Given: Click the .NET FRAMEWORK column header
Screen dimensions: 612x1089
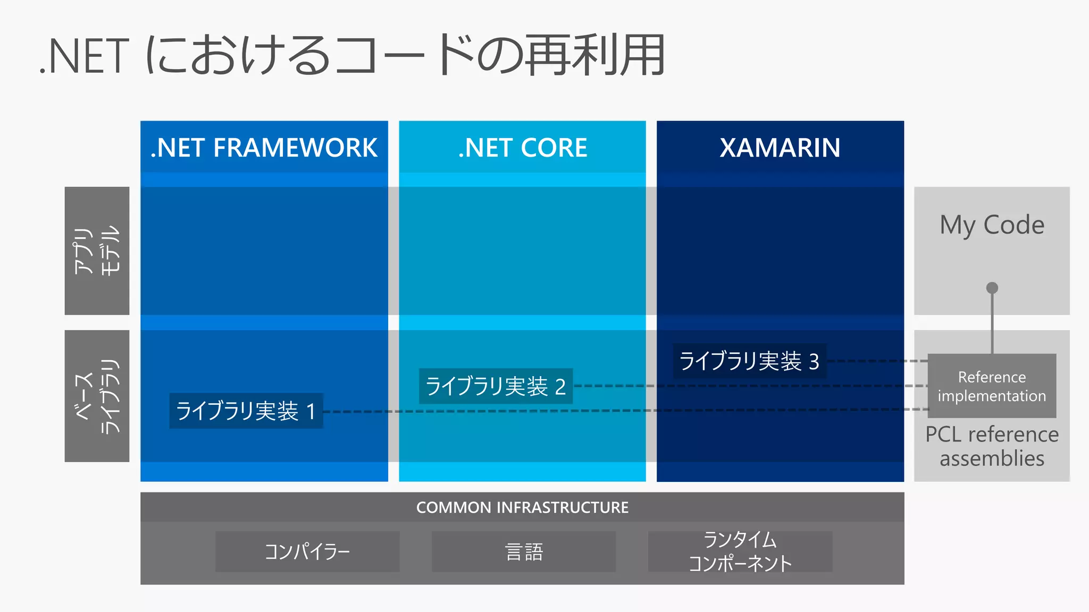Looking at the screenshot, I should pyautogui.click(x=264, y=148).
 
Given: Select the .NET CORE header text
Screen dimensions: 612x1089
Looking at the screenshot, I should pyautogui.click(x=522, y=148).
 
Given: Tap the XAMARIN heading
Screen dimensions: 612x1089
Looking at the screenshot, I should pyautogui.click(x=780, y=148).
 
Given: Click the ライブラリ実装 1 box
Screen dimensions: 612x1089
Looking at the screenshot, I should pyautogui.click(x=246, y=411).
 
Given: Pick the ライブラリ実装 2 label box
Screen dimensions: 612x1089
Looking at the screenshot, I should pyautogui.click(x=496, y=386).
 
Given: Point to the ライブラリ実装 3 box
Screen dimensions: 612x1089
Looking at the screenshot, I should pyautogui.click(x=749, y=361).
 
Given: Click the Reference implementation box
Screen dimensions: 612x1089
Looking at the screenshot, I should pyautogui.click(x=992, y=386).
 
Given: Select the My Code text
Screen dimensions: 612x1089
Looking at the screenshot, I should pyautogui.click(x=992, y=225).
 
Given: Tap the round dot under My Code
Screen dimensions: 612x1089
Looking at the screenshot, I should pyautogui.click(x=992, y=288).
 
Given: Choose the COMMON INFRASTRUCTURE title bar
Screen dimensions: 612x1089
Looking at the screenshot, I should pyautogui.click(x=522, y=507).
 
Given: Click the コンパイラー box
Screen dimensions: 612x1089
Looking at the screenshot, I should pyautogui.click(x=307, y=551).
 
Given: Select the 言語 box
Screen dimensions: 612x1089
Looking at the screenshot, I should pyautogui.click(x=524, y=551).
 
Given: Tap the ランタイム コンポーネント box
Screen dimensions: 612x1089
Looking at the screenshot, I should pyautogui.click(x=740, y=551).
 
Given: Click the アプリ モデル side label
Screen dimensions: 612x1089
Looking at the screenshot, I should pyautogui.click(x=97, y=251).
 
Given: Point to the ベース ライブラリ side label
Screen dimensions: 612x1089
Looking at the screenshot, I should pyautogui.click(x=97, y=396).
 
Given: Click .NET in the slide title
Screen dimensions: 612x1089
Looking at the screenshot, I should pyautogui.click(x=85, y=56).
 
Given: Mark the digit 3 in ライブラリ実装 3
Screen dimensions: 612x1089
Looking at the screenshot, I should pyautogui.click(x=814, y=362).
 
